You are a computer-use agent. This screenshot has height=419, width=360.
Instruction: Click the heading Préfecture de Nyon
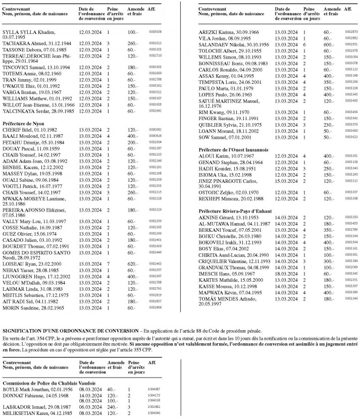tap(23, 123)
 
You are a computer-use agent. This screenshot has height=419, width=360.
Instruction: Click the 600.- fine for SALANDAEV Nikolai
tap(329, 44)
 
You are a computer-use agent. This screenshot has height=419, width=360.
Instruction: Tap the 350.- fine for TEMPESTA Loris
tap(329, 81)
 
